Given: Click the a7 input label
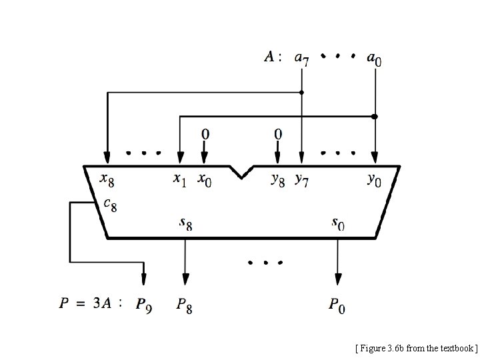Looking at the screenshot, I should point(301,59).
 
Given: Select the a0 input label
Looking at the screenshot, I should point(375,59).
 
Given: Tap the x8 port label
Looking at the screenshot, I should point(107,179).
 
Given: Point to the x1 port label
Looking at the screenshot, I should point(179,179).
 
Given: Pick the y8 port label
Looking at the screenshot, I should point(278,179).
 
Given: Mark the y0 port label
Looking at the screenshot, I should point(375,179).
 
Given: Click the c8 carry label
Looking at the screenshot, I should point(111,203).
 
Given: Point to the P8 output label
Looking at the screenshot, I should point(185,305).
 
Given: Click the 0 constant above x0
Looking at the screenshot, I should point(205,134).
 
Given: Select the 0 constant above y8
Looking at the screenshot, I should point(278,134).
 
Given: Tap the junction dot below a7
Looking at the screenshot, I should point(301,92).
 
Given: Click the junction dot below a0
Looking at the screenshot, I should point(375,116).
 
